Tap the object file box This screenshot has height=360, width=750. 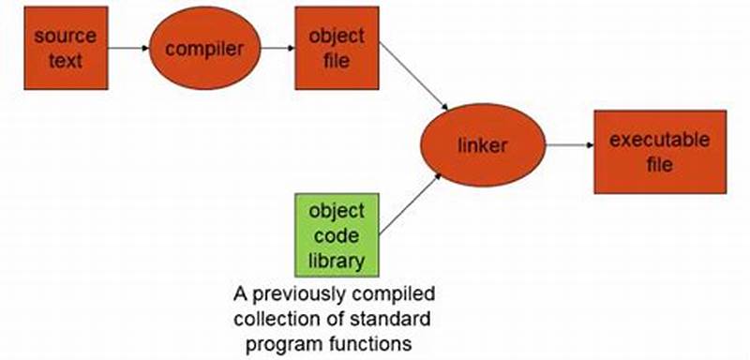coord(337,48)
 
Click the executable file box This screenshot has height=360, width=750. coord(660,151)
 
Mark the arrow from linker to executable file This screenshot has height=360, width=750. coord(568,145)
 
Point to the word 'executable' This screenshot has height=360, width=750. coord(660,141)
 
